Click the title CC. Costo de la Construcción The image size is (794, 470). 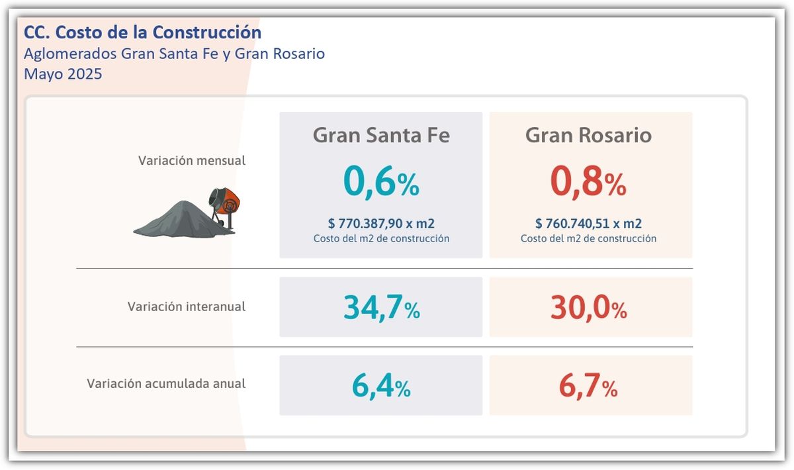(x=142, y=32)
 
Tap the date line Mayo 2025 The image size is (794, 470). (x=63, y=74)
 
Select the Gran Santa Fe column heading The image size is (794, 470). (x=380, y=136)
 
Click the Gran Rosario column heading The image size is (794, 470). (x=588, y=136)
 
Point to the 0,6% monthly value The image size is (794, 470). (x=380, y=183)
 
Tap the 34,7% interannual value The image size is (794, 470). (x=381, y=308)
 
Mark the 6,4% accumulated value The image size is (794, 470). (x=380, y=387)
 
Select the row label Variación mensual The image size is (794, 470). (x=191, y=161)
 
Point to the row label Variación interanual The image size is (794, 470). (x=186, y=307)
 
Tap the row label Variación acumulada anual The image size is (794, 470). (x=166, y=383)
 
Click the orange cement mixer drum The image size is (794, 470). (x=228, y=200)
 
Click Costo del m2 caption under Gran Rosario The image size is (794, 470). (x=588, y=238)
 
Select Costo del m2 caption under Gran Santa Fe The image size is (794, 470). (x=380, y=238)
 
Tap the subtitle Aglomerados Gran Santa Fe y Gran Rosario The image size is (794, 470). (x=174, y=54)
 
